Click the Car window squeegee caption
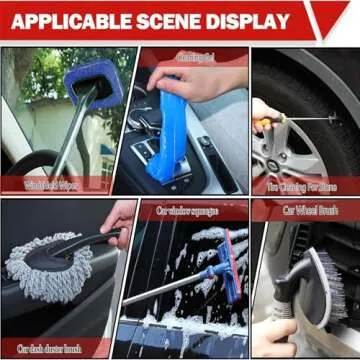pos(185,210)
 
